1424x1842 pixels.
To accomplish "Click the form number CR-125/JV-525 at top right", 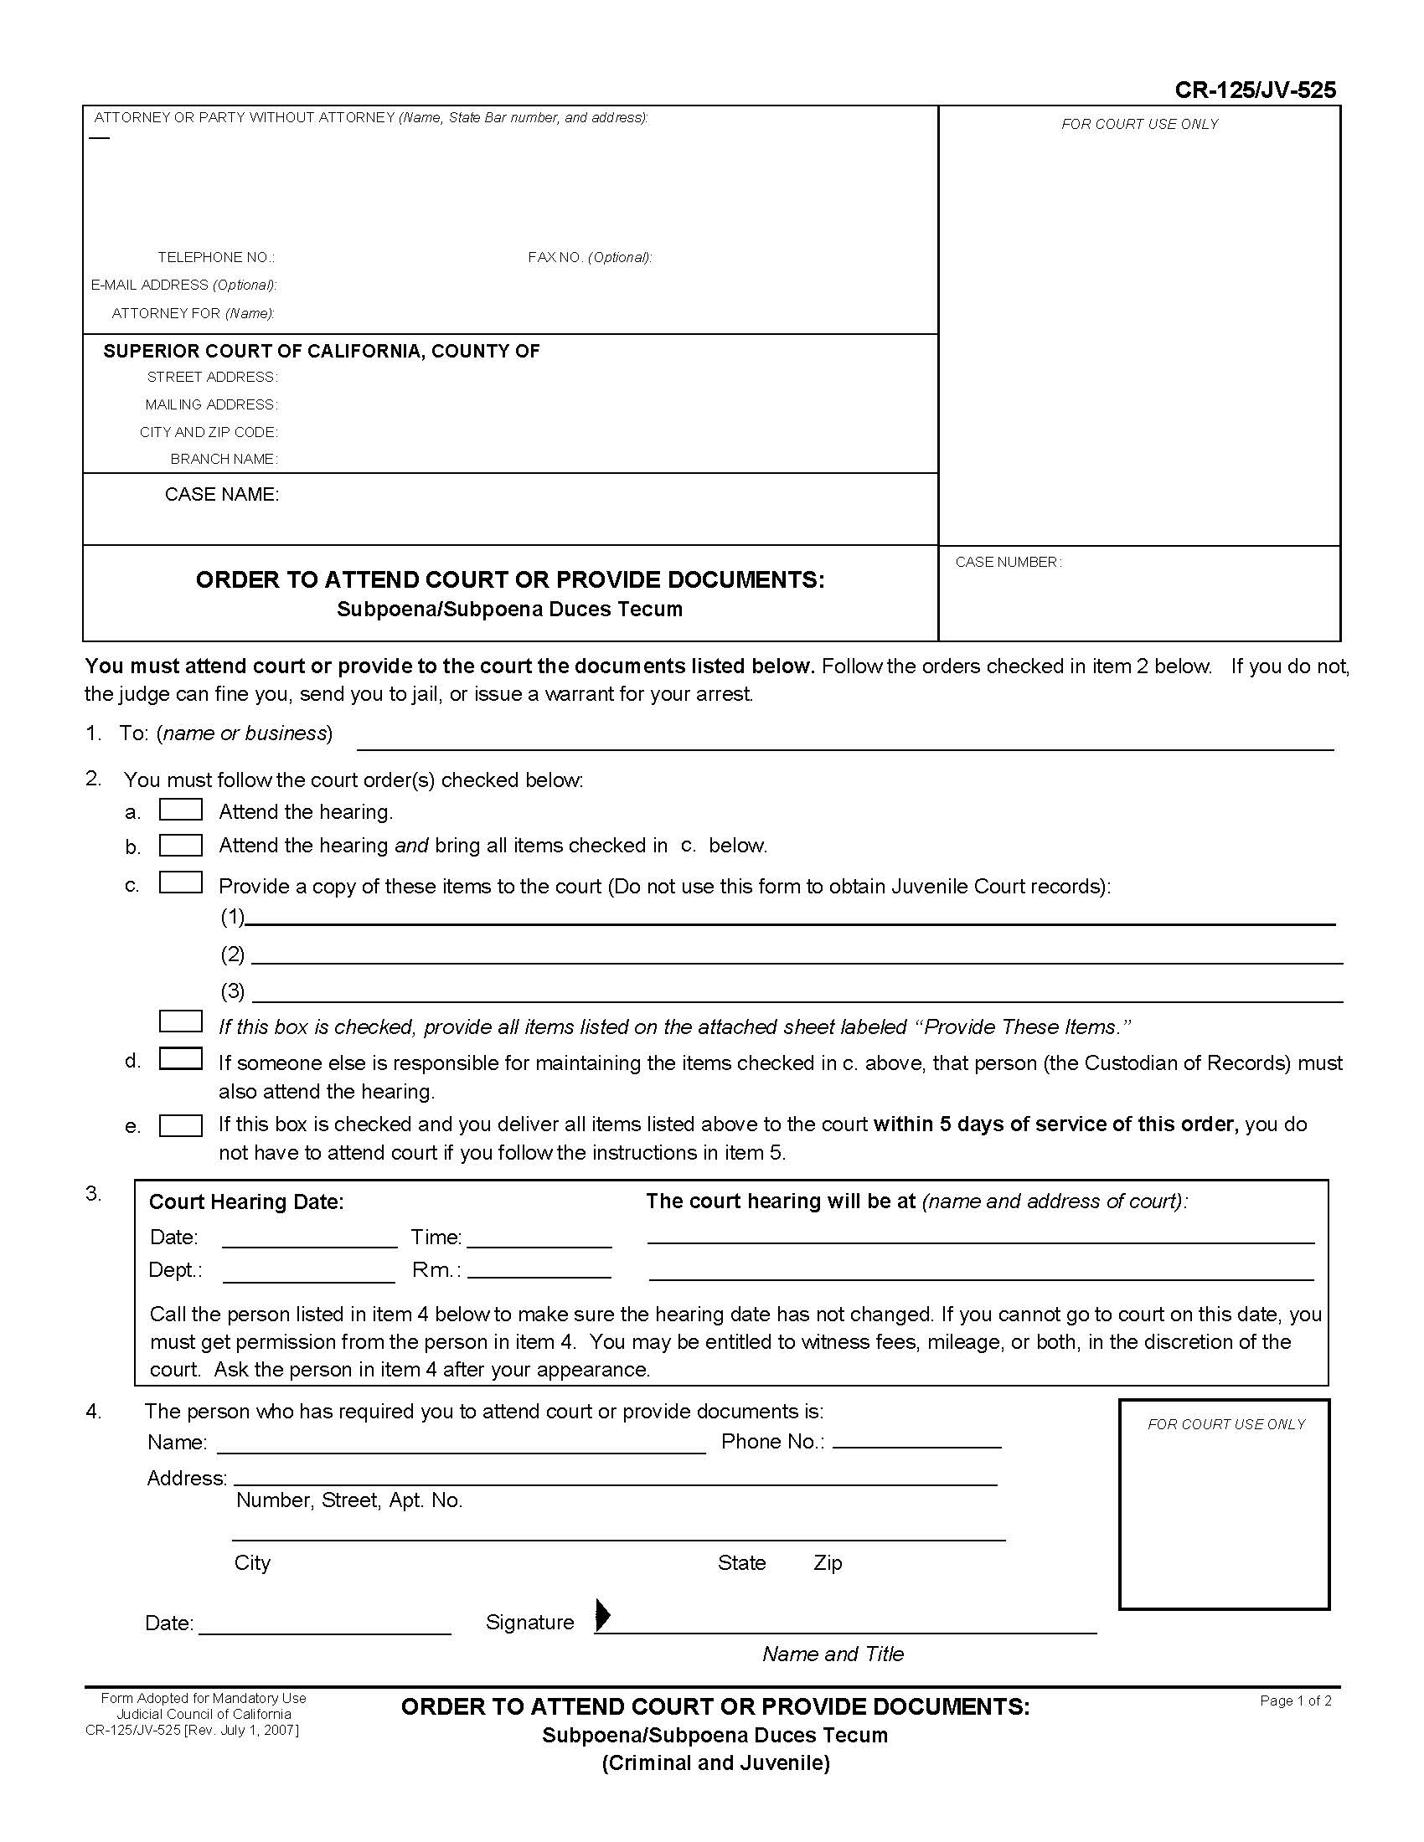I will tap(1256, 90).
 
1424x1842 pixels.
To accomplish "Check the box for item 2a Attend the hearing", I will tap(181, 810).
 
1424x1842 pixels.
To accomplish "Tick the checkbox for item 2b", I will tap(181, 845).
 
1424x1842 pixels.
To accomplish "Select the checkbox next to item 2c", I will tap(181, 882).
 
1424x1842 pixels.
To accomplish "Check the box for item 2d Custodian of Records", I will tap(181, 1058).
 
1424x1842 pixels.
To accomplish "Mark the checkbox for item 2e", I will tap(181, 1126).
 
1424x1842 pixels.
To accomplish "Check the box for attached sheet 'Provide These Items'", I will tap(181, 1021).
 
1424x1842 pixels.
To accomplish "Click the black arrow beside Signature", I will tap(602, 1614).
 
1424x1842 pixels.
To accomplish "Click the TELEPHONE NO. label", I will tap(216, 257).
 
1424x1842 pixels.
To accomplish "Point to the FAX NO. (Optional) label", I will tap(590, 257).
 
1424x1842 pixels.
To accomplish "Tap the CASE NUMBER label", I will tap(1008, 562).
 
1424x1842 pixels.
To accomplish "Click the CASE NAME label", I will tap(222, 494).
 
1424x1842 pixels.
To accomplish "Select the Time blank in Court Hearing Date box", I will tap(539, 1239).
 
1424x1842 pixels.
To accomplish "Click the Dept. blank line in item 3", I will tap(309, 1273).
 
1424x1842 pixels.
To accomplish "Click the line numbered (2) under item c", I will tap(797, 955).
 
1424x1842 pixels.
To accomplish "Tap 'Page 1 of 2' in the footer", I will tap(1295, 1701).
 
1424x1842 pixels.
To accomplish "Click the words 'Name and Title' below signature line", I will tap(833, 1654).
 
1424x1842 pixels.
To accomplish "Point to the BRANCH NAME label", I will tap(224, 459).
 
